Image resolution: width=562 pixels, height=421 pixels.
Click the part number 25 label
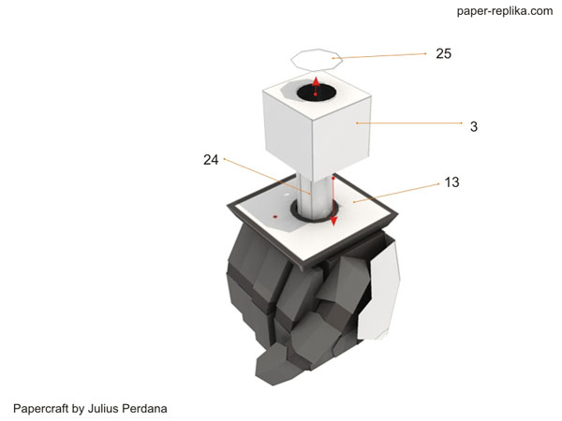click(x=443, y=53)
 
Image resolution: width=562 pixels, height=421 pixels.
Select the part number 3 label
click(x=473, y=126)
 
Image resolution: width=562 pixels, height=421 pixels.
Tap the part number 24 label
click(x=211, y=160)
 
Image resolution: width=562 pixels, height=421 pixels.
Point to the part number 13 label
click(x=451, y=182)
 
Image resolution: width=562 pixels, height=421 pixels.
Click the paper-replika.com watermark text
click(x=505, y=11)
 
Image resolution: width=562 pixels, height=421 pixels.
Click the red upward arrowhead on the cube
click(x=316, y=80)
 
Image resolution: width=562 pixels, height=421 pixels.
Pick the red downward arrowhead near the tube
click(x=333, y=221)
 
